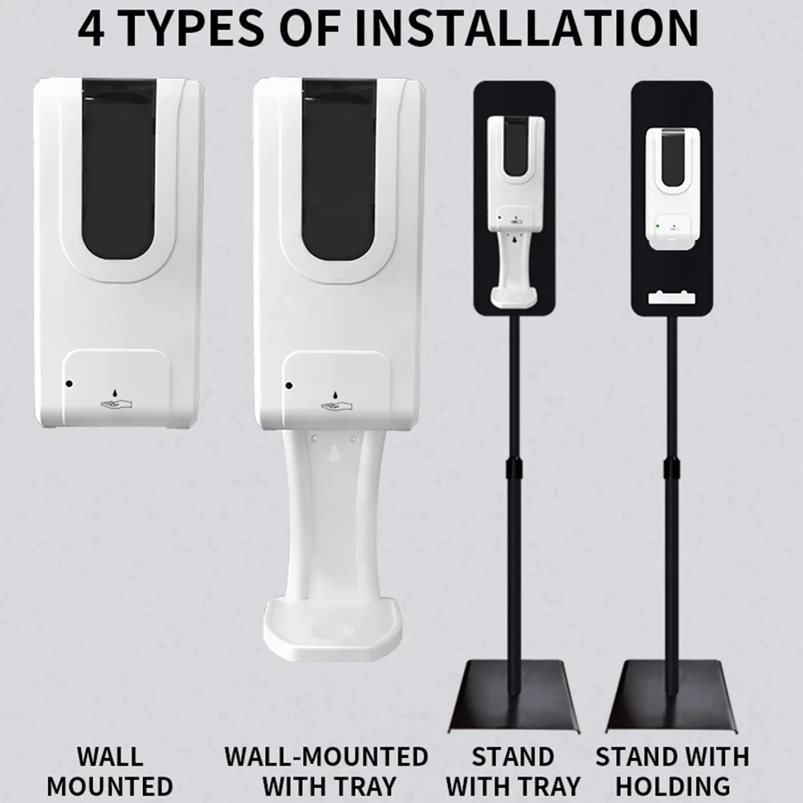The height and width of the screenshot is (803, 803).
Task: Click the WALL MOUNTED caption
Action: point(109,771)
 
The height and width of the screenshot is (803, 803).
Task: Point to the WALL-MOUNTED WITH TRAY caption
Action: point(326,771)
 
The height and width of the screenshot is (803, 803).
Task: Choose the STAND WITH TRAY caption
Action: point(513,771)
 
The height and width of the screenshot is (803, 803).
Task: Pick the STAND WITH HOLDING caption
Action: point(672,771)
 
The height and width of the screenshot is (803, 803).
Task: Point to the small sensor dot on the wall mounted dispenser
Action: point(69,384)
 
